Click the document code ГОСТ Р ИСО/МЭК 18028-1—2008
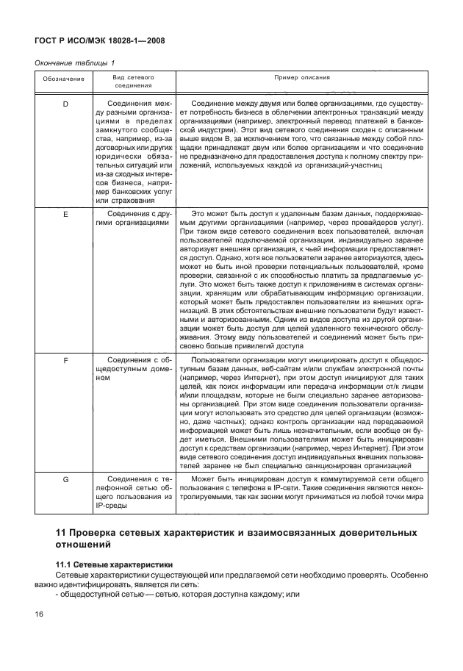pos(98,41)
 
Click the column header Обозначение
pos(62,78)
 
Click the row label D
pos(65,104)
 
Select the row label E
pos(65,214)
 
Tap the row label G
pos(65,480)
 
